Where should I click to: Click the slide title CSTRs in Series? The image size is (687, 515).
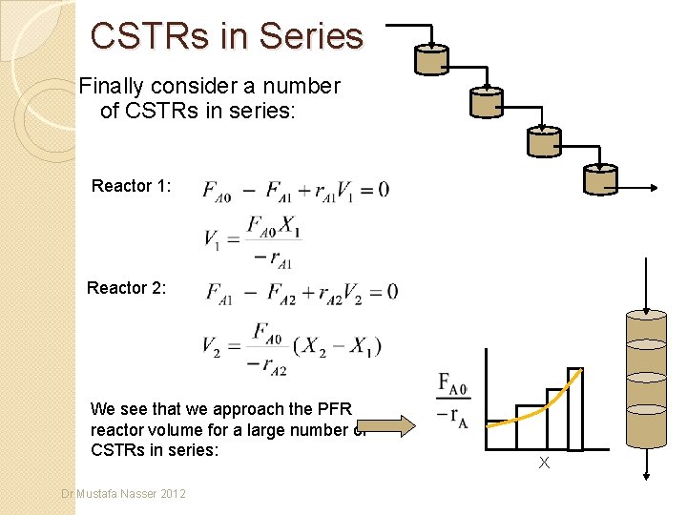(227, 36)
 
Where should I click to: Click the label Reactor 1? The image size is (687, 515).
(132, 186)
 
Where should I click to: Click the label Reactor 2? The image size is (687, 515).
(127, 287)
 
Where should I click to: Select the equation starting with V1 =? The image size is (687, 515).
(250, 239)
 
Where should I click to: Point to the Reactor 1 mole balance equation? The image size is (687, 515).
(296, 189)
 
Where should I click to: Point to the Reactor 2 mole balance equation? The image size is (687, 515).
(302, 291)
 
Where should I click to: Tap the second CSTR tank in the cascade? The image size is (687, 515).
(487, 100)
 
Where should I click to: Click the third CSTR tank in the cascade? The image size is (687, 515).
(544, 140)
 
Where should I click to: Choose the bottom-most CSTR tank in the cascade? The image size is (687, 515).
(600, 180)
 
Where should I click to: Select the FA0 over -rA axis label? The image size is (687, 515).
(454, 400)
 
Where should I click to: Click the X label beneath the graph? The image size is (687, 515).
(544, 463)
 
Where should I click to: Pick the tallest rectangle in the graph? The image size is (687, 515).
(574, 408)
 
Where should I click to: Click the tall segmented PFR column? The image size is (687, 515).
(646, 379)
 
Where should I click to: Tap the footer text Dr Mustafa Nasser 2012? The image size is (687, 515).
(124, 493)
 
